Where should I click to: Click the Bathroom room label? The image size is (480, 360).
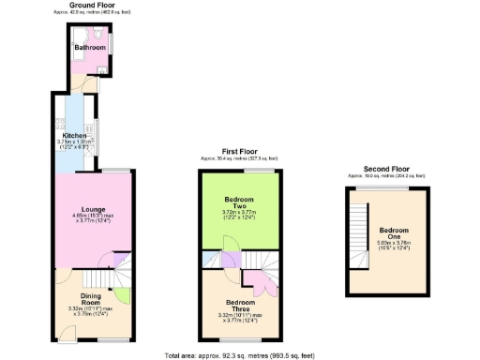91,46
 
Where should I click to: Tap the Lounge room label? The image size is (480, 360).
92,208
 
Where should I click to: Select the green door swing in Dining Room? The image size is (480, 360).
121,297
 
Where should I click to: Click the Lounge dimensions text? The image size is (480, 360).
92,217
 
